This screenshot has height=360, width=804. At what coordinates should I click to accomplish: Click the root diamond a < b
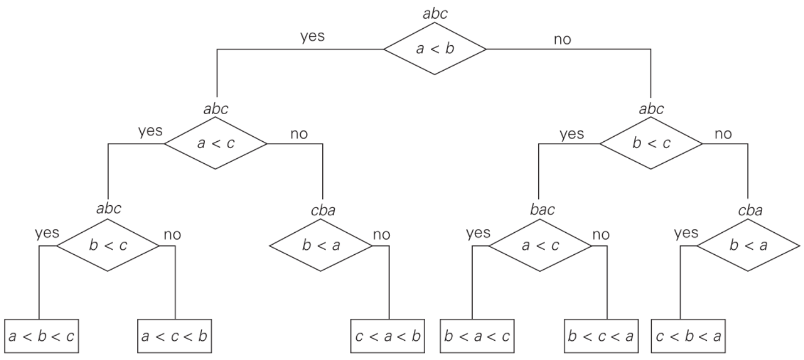[x=434, y=49]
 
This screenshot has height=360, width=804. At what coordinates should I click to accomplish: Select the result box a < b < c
[x=41, y=336]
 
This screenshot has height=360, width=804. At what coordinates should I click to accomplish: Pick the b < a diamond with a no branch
[x=321, y=246]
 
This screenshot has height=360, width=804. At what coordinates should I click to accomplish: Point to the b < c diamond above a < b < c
[x=108, y=246]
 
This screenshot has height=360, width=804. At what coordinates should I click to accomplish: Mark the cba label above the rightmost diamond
[x=750, y=211]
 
